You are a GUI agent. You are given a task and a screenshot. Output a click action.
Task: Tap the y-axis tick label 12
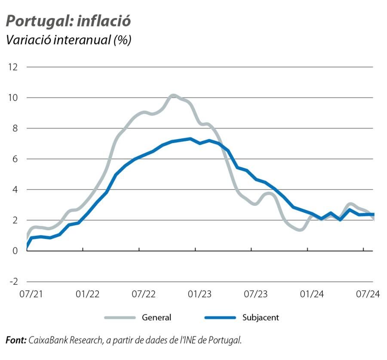point(13,67)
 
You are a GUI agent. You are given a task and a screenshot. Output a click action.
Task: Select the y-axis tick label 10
point(13,98)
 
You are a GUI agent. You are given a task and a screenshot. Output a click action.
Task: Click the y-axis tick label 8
point(15,128)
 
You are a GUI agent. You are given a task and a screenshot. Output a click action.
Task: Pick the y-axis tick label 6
point(15,159)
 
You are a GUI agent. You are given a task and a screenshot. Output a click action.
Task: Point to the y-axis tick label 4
point(15,189)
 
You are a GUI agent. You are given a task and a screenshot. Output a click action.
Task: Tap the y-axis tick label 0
point(15,251)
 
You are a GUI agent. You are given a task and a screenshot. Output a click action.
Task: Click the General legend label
point(157,318)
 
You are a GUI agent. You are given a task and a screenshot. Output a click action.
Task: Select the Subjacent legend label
point(261,318)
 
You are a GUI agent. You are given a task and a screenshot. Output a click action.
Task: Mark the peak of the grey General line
point(173,95)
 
